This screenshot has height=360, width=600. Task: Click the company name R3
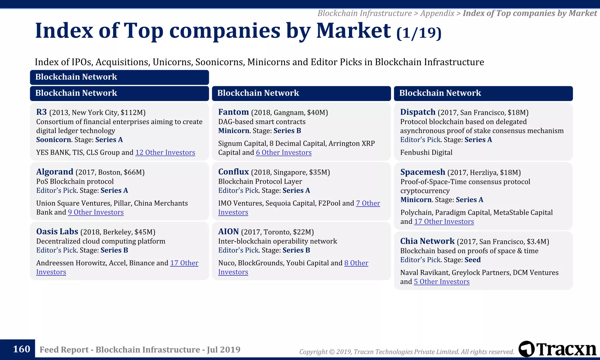click(x=41, y=112)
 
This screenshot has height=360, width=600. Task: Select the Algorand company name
click(x=54, y=172)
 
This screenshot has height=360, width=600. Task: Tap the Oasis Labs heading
click(x=57, y=231)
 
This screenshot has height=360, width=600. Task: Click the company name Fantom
click(x=233, y=112)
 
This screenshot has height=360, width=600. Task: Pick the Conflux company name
click(x=233, y=172)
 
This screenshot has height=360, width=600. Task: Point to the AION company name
click(x=229, y=231)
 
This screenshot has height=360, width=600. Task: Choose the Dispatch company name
click(x=418, y=112)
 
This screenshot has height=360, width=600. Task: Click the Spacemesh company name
click(x=422, y=172)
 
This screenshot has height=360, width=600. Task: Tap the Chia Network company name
click(x=427, y=241)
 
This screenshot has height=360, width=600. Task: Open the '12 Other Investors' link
click(x=165, y=153)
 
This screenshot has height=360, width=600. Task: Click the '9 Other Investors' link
click(x=96, y=212)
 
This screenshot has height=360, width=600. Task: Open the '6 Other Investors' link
click(x=284, y=153)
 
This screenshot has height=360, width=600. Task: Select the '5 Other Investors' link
click(x=442, y=282)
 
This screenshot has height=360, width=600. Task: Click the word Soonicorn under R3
click(x=54, y=140)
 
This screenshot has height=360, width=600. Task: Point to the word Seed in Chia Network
click(x=473, y=260)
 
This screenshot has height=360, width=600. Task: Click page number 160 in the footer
click(x=21, y=349)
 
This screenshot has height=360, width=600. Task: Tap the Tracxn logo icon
click(x=526, y=349)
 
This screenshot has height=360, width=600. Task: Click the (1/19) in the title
click(x=419, y=33)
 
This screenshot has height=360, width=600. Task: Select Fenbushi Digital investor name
click(x=426, y=153)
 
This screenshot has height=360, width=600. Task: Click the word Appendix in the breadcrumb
click(x=437, y=13)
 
